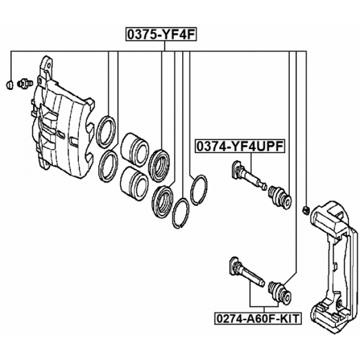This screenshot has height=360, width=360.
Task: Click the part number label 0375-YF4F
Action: (161, 34)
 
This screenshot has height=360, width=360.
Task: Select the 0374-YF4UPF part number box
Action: (240, 146)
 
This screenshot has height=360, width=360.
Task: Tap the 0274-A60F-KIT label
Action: (258, 318)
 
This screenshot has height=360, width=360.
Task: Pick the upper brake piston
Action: (134, 148)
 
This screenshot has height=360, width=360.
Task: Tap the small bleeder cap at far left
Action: (10, 84)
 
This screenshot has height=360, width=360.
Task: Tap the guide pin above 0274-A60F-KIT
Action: (247, 271)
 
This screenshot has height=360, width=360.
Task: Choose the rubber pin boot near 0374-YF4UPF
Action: (280, 196)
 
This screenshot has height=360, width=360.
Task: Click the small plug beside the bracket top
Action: (306, 210)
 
